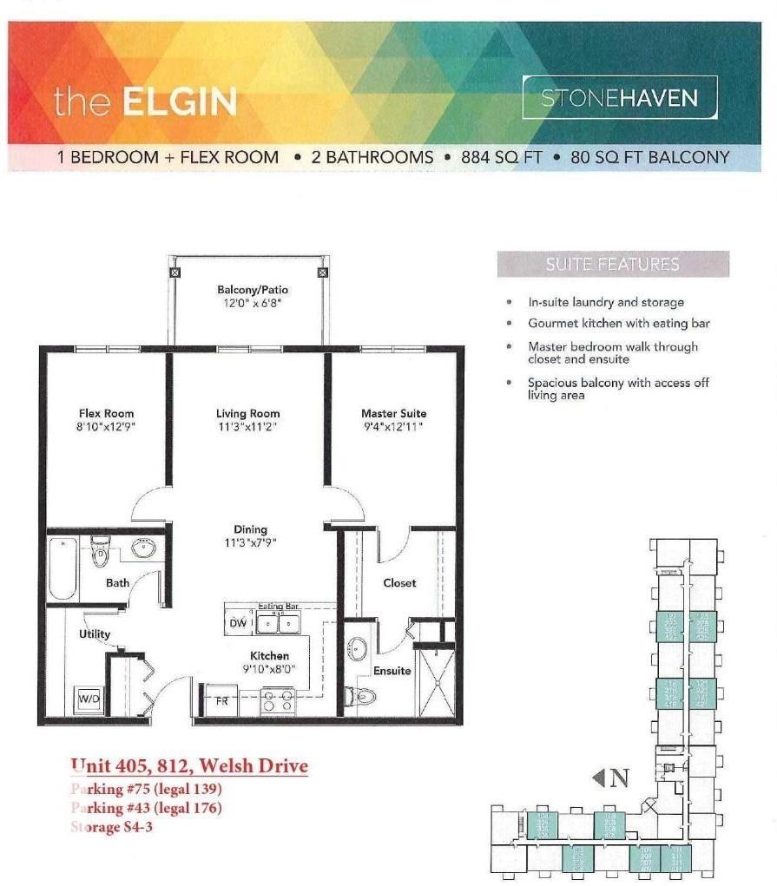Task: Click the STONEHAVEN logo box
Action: tap(620, 97)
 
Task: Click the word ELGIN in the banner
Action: tap(180, 102)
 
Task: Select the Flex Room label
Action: tap(106, 414)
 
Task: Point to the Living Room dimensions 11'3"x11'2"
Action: tap(247, 427)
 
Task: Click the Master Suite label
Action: tap(393, 414)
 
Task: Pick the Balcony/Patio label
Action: tap(253, 290)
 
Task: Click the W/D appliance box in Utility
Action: tap(89, 698)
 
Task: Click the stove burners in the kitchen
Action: tap(278, 700)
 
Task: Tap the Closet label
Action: tap(399, 583)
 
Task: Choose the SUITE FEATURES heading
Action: tap(613, 265)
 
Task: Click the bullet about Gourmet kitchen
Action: tap(619, 324)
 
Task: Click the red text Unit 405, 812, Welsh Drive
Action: tap(189, 766)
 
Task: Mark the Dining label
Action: tap(250, 529)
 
